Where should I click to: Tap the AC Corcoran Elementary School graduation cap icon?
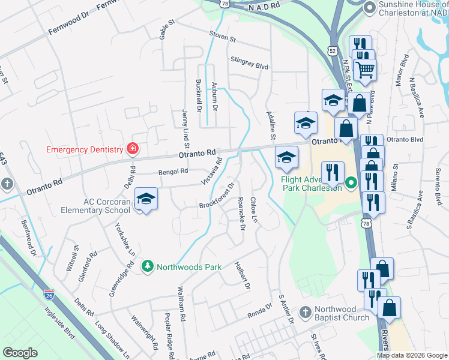[146, 199]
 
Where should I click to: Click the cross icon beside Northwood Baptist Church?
[306, 313]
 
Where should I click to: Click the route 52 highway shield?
[333, 50]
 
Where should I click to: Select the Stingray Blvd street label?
[249, 62]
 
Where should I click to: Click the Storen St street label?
[223, 37]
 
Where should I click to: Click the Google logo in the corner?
[20, 353]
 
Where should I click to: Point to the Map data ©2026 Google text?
[412, 355]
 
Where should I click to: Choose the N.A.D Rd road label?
[264, 5]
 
